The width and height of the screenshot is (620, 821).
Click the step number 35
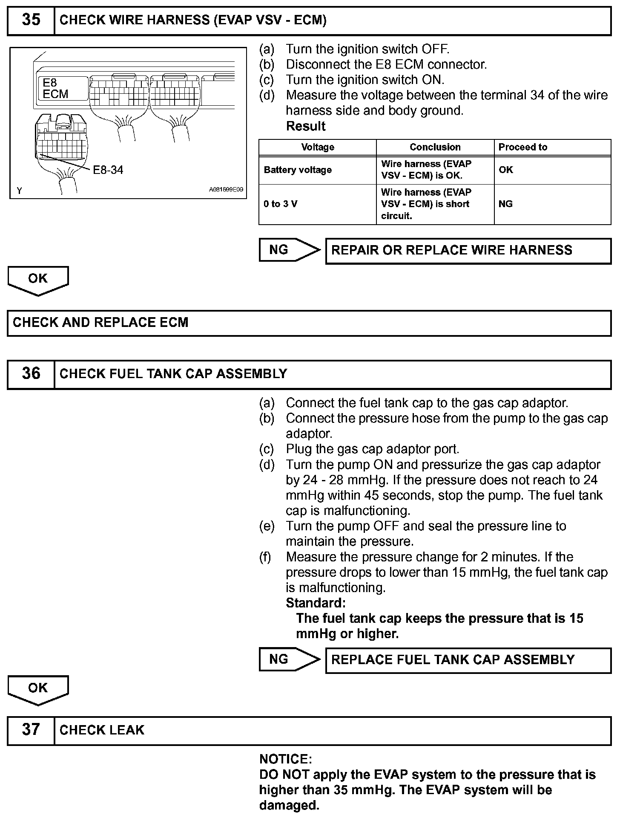(31, 20)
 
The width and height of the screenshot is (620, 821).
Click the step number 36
(31, 373)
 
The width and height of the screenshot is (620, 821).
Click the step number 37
(31, 729)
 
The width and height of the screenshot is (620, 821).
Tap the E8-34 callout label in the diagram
(108, 170)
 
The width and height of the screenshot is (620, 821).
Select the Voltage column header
(318, 147)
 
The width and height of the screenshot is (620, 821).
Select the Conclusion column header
(435, 147)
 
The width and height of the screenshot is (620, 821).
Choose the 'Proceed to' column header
(523, 147)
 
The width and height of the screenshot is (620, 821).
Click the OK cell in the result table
(506, 170)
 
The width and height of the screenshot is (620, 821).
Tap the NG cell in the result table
(505, 204)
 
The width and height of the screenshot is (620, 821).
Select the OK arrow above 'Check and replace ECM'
(38, 280)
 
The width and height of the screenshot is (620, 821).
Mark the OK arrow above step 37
(38, 689)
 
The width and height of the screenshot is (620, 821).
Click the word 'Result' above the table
(306, 126)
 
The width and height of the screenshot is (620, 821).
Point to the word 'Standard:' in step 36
(316, 603)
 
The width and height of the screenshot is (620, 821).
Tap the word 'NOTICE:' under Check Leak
(286, 759)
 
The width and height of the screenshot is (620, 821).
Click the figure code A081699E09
(226, 189)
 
